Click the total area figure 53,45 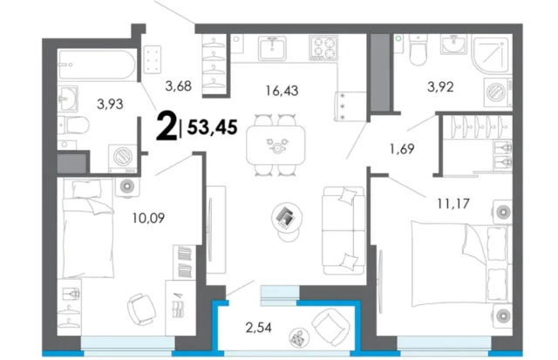point(212,127)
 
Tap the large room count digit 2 point(167,126)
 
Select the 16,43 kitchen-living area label point(282,91)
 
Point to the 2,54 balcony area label point(258,327)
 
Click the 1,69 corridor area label point(402,149)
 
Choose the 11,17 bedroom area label point(453,203)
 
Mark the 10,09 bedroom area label point(148,218)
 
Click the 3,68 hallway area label point(178,85)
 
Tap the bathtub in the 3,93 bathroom point(98,65)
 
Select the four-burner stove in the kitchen point(323,48)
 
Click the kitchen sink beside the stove point(272,48)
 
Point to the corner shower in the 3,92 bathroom point(492,54)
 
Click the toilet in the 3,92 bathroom point(418,50)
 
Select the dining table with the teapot point(276,145)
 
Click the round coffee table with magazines point(287,218)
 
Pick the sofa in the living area point(344,230)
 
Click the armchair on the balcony point(330,327)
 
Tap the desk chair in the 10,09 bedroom point(141,309)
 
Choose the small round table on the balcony point(299,337)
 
